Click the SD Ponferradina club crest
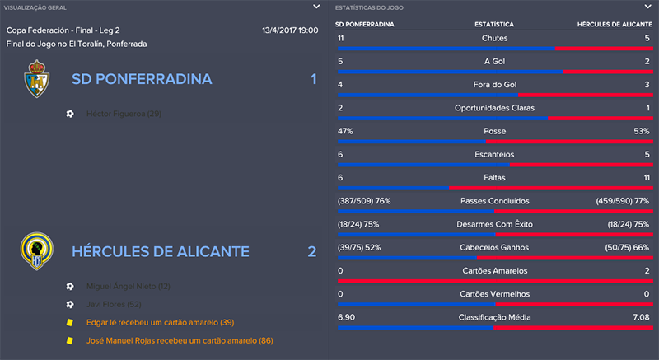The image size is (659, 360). coord(35,80)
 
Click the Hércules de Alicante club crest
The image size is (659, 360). coord(35,251)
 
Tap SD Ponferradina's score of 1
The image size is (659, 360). coord(313,80)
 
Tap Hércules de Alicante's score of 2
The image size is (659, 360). coord(312,251)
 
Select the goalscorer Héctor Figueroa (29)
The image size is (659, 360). coord(124,113)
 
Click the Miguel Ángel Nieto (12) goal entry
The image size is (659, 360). coord(129,286)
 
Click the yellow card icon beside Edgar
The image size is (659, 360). coord(70,322)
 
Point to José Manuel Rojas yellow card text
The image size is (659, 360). coord(179,340)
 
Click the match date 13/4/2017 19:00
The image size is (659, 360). coord(290,30)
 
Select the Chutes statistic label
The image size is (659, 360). coord(495,39)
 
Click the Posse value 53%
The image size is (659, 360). coord(640,131)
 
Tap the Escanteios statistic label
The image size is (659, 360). coord(495,154)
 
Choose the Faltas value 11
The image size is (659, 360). coord(645,177)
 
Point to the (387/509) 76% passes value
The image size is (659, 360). coord(364,200)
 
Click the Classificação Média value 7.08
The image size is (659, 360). coord(640,316)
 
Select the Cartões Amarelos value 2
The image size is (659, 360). coord(647,270)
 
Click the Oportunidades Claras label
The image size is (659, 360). coord(495,108)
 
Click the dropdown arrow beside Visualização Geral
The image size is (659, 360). coord(316,7)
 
